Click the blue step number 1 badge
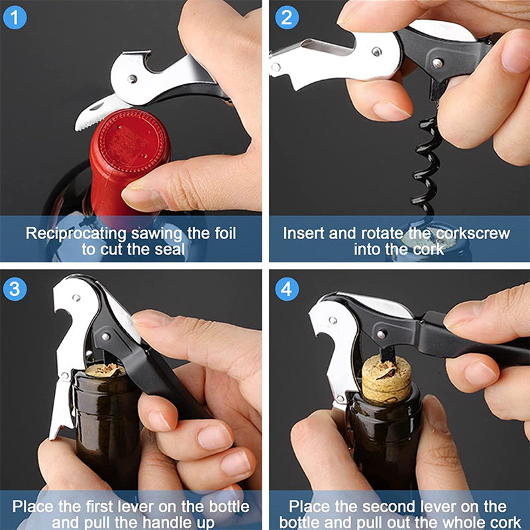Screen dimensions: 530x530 pos(16,16)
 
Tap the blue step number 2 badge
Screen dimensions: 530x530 pos(286,16)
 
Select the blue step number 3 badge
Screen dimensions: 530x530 pos(16,288)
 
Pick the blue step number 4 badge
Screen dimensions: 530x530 pos(286,288)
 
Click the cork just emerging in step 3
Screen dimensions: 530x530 pos(105,370)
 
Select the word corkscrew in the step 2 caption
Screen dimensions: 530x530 pos(472,233)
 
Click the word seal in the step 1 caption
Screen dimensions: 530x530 pos(168,250)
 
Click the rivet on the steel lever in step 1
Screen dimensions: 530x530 pos(132,79)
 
